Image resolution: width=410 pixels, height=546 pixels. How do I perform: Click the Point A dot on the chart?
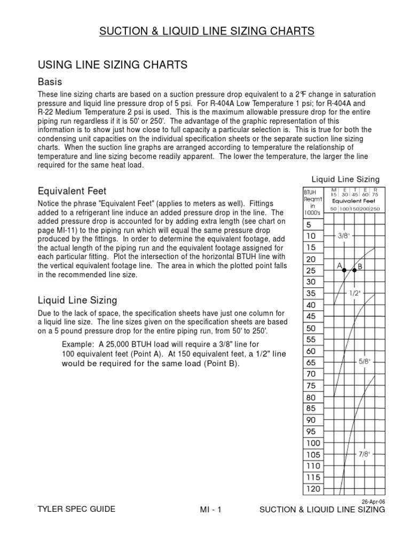click(x=344, y=271)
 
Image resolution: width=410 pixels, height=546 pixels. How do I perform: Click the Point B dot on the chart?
click(x=354, y=271)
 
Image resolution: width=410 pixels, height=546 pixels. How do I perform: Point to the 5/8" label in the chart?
click(x=365, y=362)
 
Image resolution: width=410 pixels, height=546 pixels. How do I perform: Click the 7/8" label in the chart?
click(x=365, y=454)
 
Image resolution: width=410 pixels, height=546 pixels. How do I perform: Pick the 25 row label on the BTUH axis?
click(x=311, y=270)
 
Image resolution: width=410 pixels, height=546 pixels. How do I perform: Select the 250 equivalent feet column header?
click(x=376, y=208)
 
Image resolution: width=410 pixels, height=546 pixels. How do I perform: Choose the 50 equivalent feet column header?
click(x=334, y=208)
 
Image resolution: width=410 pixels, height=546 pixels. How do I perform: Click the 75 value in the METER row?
click(x=376, y=195)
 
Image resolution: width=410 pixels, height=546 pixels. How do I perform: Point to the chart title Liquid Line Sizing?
click(x=345, y=179)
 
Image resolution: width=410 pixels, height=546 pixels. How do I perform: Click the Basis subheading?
click(x=50, y=82)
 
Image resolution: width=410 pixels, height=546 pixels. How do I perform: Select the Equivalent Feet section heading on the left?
click(x=72, y=190)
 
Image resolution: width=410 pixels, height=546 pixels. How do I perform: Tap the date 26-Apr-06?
click(x=374, y=501)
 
